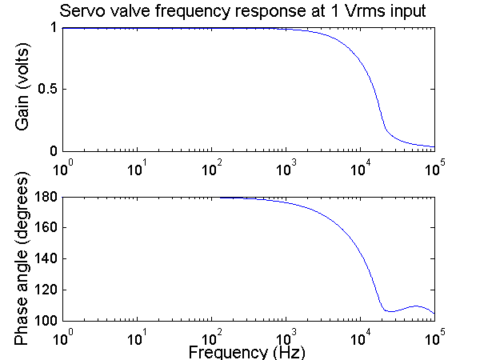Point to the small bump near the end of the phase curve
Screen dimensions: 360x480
(416, 306)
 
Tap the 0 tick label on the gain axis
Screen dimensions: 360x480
(53, 151)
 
